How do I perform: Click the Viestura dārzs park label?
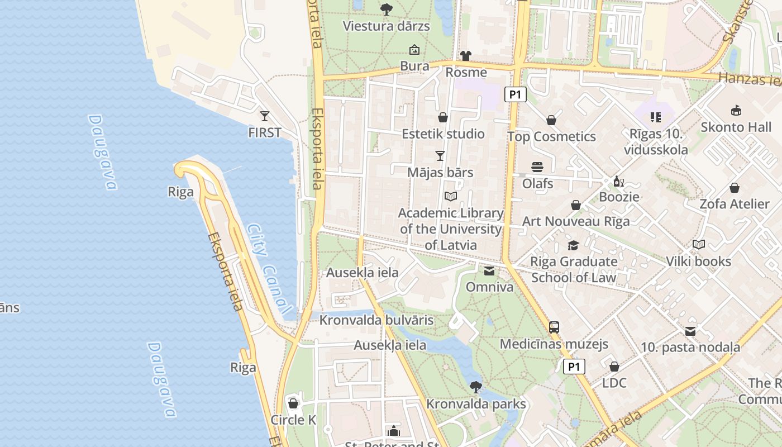pyautogui.click(x=386, y=26)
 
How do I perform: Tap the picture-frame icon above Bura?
pyautogui.click(x=414, y=50)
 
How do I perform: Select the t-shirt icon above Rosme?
pyautogui.click(x=466, y=55)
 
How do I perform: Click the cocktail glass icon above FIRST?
pyautogui.click(x=265, y=116)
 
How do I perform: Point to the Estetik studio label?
pyautogui.click(x=443, y=134)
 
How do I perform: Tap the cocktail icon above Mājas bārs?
pyautogui.click(x=440, y=155)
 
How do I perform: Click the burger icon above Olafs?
pyautogui.click(x=537, y=167)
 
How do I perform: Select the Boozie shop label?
pyautogui.click(x=619, y=197)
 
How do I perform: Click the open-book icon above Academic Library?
pyautogui.click(x=451, y=196)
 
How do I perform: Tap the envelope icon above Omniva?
pyautogui.click(x=489, y=271)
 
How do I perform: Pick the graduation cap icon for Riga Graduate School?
pyautogui.click(x=573, y=245)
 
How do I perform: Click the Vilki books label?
pyautogui.click(x=698, y=261)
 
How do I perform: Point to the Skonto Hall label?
pyautogui.click(x=736, y=127)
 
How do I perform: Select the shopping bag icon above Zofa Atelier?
pyautogui.click(x=735, y=188)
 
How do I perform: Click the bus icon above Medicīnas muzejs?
pyautogui.click(x=554, y=327)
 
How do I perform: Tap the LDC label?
pyautogui.click(x=614, y=383)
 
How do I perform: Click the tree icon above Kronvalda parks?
pyautogui.click(x=476, y=387)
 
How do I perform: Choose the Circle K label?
pyautogui.click(x=293, y=420)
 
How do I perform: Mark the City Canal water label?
pyautogui.click(x=269, y=269)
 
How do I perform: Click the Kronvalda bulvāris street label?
pyautogui.click(x=376, y=320)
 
